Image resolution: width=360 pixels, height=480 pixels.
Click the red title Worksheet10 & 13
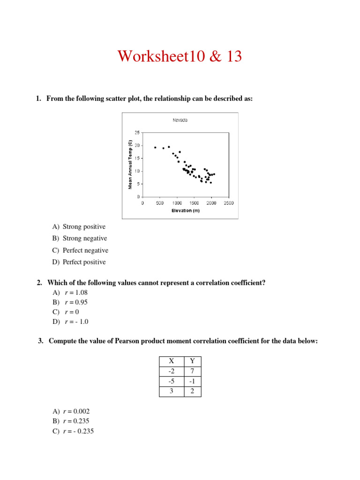click(x=180, y=56)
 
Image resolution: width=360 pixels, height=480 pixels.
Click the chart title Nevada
click(x=180, y=120)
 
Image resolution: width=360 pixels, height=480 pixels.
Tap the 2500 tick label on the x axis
click(x=228, y=203)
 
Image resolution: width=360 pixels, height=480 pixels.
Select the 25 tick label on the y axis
click(x=137, y=133)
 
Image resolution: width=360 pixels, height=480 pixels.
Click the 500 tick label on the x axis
click(x=159, y=203)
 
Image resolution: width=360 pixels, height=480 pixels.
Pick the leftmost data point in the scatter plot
click(x=155, y=147)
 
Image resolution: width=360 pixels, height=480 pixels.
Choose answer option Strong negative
click(x=84, y=238)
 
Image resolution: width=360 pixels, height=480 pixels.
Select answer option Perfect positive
click(x=84, y=262)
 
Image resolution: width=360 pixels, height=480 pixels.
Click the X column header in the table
click(x=171, y=361)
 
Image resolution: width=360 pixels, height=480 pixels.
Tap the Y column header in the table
click(x=192, y=361)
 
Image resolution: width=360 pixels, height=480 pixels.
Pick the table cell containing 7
click(x=192, y=371)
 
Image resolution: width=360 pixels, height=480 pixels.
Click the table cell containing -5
click(x=171, y=381)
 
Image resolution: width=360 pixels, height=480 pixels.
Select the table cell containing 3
click(x=171, y=391)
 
